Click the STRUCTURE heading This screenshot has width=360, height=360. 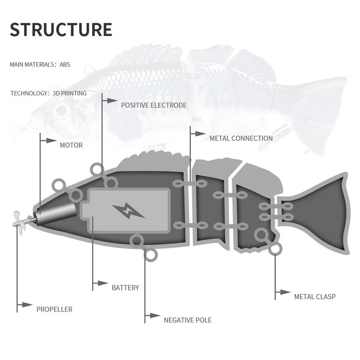tap(61, 29)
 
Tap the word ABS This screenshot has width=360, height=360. tap(65, 64)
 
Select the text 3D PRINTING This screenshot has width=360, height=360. tap(69, 93)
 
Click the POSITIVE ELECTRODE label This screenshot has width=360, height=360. tap(153, 105)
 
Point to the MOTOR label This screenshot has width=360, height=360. tap(71, 145)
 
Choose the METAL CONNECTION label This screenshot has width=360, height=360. tap(241, 138)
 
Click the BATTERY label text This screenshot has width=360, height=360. tap(125, 288)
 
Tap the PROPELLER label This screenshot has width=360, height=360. tap(54, 309)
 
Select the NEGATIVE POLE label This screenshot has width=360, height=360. tap(187, 320)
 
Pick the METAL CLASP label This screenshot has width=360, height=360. tap(315, 297)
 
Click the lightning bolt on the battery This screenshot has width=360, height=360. tap(129, 210)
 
